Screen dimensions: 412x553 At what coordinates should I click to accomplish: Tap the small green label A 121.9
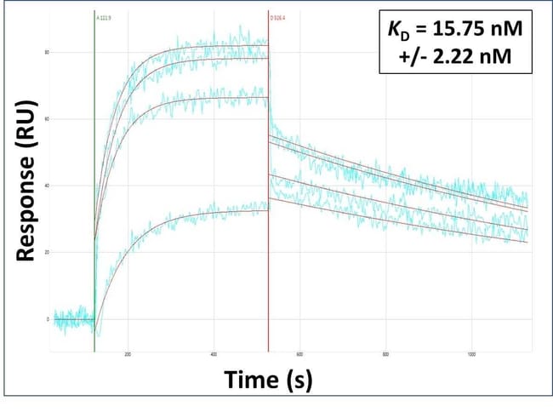tap(104, 16)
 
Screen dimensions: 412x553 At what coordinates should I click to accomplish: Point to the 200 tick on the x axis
tap(128, 354)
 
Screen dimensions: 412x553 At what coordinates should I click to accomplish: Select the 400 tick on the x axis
tap(214, 354)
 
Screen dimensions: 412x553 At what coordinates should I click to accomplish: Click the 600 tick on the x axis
tap(299, 354)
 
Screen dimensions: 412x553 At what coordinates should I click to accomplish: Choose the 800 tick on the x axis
tap(385, 354)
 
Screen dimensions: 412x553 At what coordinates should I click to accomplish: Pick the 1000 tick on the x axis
tap(471, 354)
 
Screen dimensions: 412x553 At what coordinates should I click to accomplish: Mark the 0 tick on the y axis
tap(47, 319)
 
